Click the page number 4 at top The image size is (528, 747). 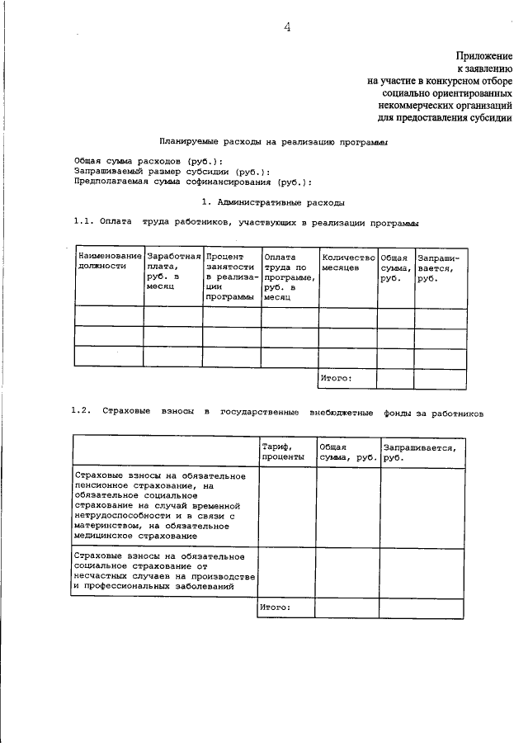(x=288, y=26)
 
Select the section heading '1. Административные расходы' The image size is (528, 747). (x=273, y=201)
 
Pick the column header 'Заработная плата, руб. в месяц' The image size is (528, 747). (x=173, y=272)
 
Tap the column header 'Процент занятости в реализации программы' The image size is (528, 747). (x=232, y=277)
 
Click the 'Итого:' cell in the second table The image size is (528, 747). (x=275, y=607)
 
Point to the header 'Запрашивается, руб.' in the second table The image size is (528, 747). (x=419, y=452)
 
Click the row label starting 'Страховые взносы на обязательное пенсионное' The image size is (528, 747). (x=161, y=506)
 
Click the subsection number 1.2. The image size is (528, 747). (x=80, y=411)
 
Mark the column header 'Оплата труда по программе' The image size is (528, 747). (x=289, y=277)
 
